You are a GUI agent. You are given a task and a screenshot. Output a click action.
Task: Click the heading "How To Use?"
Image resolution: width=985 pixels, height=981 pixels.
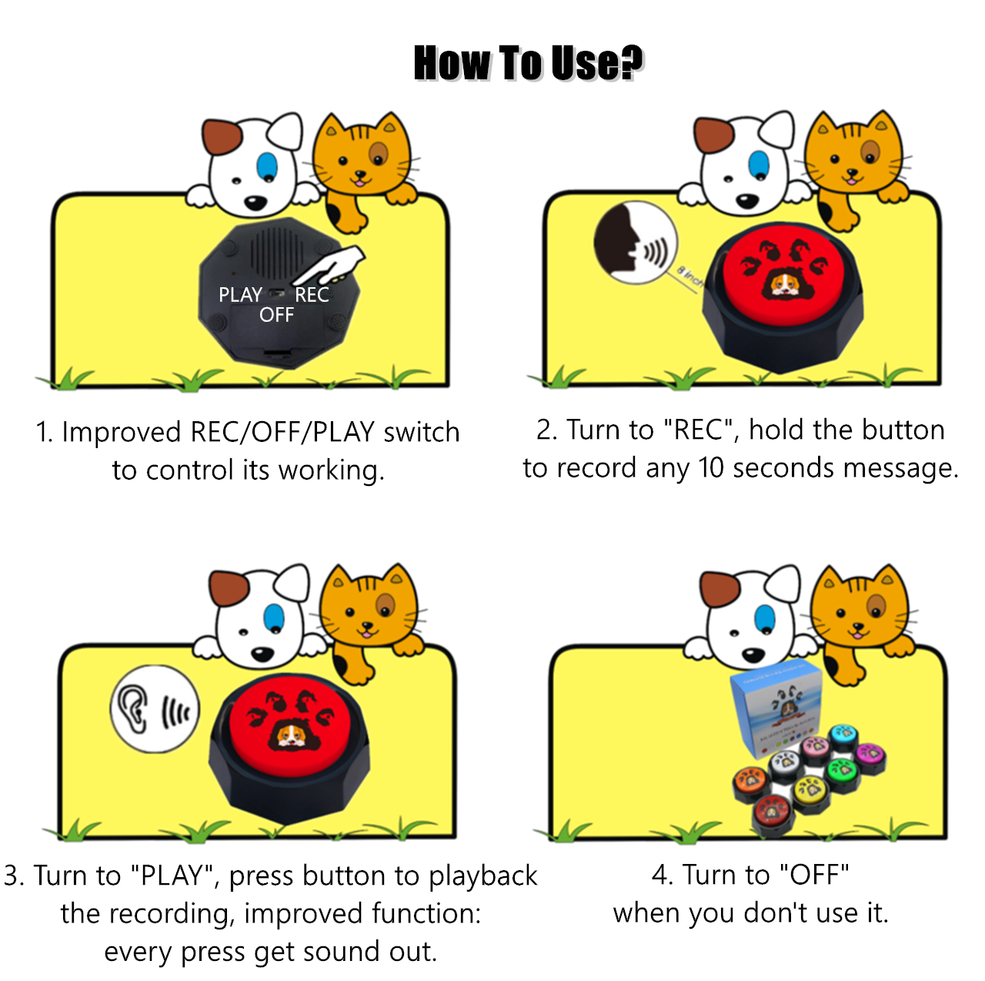(528, 63)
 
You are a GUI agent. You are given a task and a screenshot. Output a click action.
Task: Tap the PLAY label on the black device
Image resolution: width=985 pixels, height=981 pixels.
(240, 295)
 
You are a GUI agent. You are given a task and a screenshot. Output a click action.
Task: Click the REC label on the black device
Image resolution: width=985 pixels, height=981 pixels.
(312, 295)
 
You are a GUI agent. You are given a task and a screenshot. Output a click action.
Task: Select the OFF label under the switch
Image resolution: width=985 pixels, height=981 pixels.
(276, 315)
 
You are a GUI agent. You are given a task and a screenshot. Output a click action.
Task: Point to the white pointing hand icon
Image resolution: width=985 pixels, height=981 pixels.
(331, 266)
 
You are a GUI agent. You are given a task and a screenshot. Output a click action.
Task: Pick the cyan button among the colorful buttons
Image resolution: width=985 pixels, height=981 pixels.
(843, 733)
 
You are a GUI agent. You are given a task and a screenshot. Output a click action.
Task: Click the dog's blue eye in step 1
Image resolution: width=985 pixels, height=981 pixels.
(267, 165)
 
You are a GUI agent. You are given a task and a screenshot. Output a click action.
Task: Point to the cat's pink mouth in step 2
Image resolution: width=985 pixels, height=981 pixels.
(851, 179)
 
